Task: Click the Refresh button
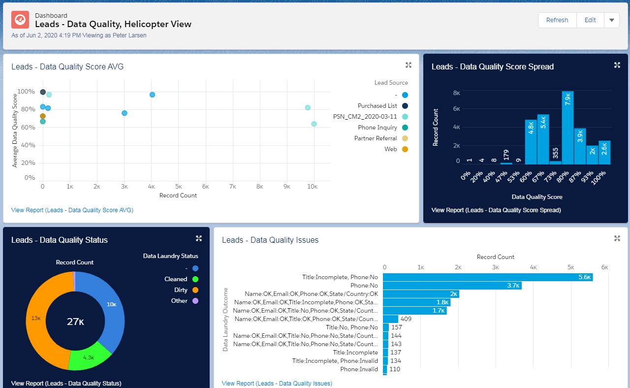point(557,20)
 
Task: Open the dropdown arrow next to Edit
point(611,20)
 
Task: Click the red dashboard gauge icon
point(20,20)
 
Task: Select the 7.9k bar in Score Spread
point(567,128)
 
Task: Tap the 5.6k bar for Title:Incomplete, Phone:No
point(488,277)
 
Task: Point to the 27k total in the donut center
point(75,322)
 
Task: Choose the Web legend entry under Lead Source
point(396,149)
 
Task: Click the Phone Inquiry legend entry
point(383,128)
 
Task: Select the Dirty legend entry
point(186,290)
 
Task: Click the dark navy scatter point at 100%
point(43,92)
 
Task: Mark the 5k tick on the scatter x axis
point(179,187)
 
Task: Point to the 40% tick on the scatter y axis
point(28,145)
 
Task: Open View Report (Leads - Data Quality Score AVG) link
point(72,210)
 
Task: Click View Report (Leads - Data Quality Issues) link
point(277,384)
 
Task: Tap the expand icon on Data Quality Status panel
point(199,239)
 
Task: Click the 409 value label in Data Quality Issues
point(406,319)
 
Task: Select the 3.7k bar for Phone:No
point(452,286)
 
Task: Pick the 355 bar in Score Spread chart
point(556,162)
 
